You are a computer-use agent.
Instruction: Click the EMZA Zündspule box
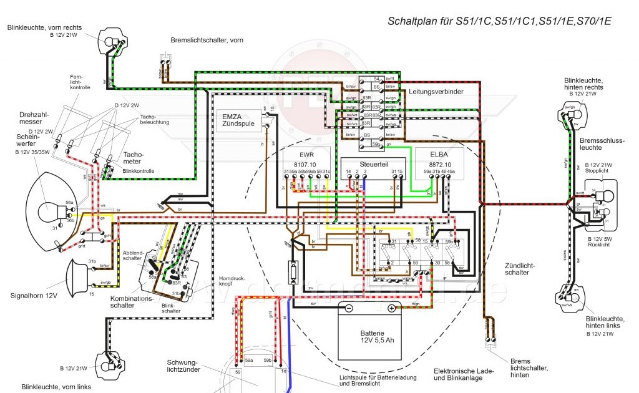(240, 120)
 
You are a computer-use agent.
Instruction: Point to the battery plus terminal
(391, 308)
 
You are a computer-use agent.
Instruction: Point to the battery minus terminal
(349, 308)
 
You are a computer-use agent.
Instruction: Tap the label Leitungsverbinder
(436, 91)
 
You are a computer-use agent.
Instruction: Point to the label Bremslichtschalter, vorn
(207, 41)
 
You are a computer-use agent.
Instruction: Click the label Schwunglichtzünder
(182, 367)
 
